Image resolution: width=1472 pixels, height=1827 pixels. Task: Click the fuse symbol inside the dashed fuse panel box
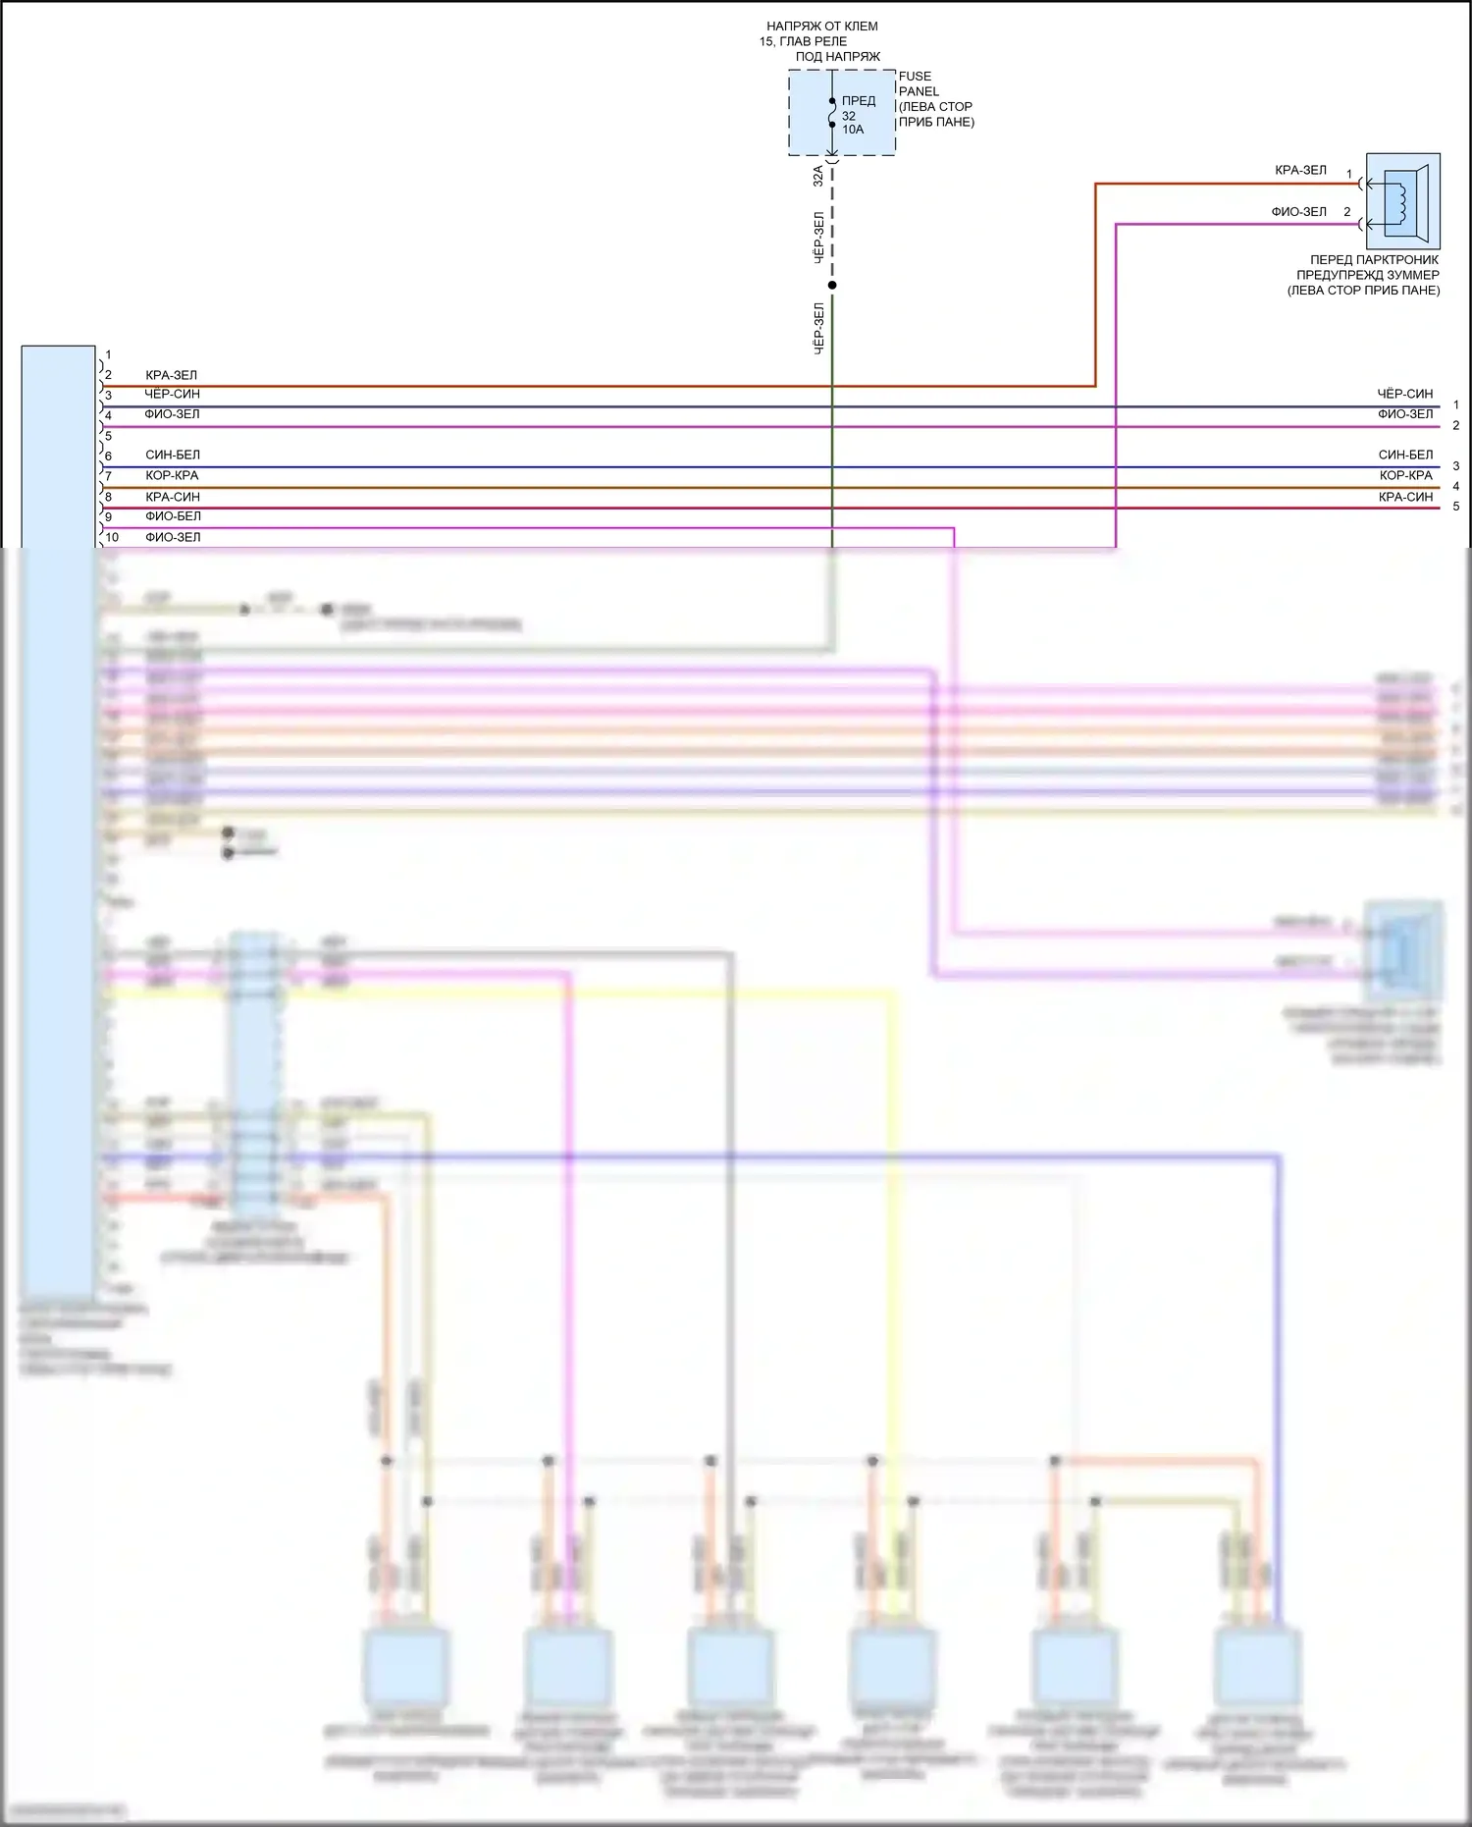[x=832, y=113]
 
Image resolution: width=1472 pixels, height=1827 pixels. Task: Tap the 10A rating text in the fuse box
[x=853, y=130]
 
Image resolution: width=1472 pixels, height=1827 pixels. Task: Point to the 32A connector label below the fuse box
[x=818, y=176]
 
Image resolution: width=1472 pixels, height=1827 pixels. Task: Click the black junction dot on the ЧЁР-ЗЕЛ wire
[x=832, y=286]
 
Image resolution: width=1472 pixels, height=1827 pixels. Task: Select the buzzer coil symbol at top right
[x=1402, y=201]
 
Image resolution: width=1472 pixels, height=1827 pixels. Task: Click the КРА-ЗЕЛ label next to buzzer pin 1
[x=1300, y=170]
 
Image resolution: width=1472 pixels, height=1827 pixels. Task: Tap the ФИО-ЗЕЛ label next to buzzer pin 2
[x=1298, y=212]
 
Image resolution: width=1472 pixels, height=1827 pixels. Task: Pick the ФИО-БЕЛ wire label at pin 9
[x=173, y=516]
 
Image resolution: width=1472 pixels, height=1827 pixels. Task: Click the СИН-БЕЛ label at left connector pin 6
[x=173, y=456]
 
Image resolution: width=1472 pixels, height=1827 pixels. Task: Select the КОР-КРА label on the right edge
[x=1405, y=475]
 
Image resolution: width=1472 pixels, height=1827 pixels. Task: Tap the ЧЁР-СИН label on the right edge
[x=1404, y=394]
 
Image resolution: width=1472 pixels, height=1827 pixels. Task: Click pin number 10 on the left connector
[x=112, y=537]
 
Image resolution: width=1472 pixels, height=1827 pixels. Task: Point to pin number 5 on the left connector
[x=108, y=436]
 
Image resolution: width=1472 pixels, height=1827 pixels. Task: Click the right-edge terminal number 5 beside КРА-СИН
[x=1455, y=507]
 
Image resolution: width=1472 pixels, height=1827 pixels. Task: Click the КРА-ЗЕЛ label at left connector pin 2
[x=171, y=375]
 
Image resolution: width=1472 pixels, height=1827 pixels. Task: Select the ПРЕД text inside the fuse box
[x=858, y=101]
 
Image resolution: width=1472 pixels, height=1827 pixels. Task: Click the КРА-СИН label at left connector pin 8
[x=173, y=497]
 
